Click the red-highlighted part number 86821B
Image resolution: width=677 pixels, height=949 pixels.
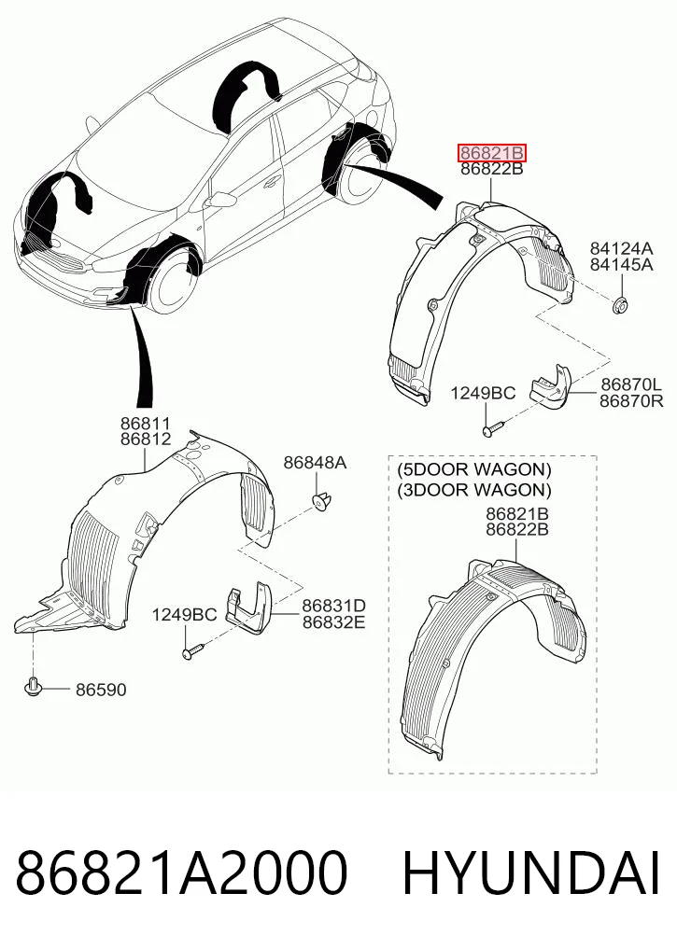(x=492, y=153)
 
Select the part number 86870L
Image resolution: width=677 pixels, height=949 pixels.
(x=631, y=384)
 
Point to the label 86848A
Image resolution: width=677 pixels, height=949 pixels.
(x=315, y=463)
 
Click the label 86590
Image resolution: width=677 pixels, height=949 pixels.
(x=101, y=690)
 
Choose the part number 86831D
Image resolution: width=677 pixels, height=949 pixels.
(x=333, y=606)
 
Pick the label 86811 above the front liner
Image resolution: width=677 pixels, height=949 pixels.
(x=146, y=424)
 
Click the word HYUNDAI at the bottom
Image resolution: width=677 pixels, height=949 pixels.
(x=531, y=872)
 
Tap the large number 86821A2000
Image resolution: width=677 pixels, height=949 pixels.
(x=182, y=872)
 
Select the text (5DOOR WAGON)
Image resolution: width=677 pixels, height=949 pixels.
(x=474, y=469)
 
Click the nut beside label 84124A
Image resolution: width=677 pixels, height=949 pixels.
(x=620, y=305)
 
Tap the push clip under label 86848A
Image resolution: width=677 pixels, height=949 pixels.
(x=321, y=501)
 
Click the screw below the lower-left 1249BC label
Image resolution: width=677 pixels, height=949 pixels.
(x=192, y=651)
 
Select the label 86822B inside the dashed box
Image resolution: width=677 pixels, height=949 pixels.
(x=517, y=530)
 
